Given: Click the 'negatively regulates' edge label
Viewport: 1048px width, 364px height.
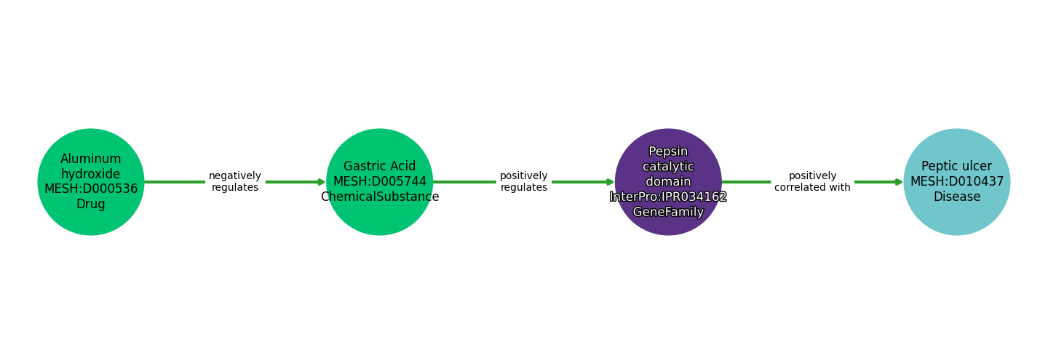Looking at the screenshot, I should click(x=234, y=182).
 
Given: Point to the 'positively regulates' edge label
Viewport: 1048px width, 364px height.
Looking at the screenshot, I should click(x=523, y=182).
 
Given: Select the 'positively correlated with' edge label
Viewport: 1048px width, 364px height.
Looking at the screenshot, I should click(x=812, y=182).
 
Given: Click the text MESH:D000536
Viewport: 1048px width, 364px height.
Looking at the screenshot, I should click(x=91, y=189).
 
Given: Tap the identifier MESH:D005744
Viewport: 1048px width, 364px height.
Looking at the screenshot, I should click(x=379, y=182).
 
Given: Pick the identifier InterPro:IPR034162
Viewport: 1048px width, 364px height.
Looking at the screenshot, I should click(x=668, y=197).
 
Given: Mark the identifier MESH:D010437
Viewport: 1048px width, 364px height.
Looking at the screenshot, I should click(x=956, y=182).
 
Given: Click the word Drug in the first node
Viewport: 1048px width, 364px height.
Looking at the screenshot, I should click(x=91, y=205).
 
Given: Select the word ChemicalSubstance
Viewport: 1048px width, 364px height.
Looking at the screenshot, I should click(x=379, y=197).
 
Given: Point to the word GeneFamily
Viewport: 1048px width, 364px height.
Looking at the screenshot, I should click(x=668, y=213).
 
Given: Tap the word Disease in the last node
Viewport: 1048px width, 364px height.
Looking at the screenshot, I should click(x=956, y=197).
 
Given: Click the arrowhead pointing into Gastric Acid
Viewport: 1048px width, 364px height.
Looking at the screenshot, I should click(x=322, y=182).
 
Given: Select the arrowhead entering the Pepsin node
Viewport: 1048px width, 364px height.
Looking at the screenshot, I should click(x=611, y=182).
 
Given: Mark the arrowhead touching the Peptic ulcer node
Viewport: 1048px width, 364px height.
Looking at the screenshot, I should click(x=900, y=182).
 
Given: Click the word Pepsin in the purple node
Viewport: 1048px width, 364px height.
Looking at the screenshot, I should click(x=668, y=151).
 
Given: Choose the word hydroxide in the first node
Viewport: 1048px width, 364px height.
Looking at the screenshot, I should click(x=91, y=174).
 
